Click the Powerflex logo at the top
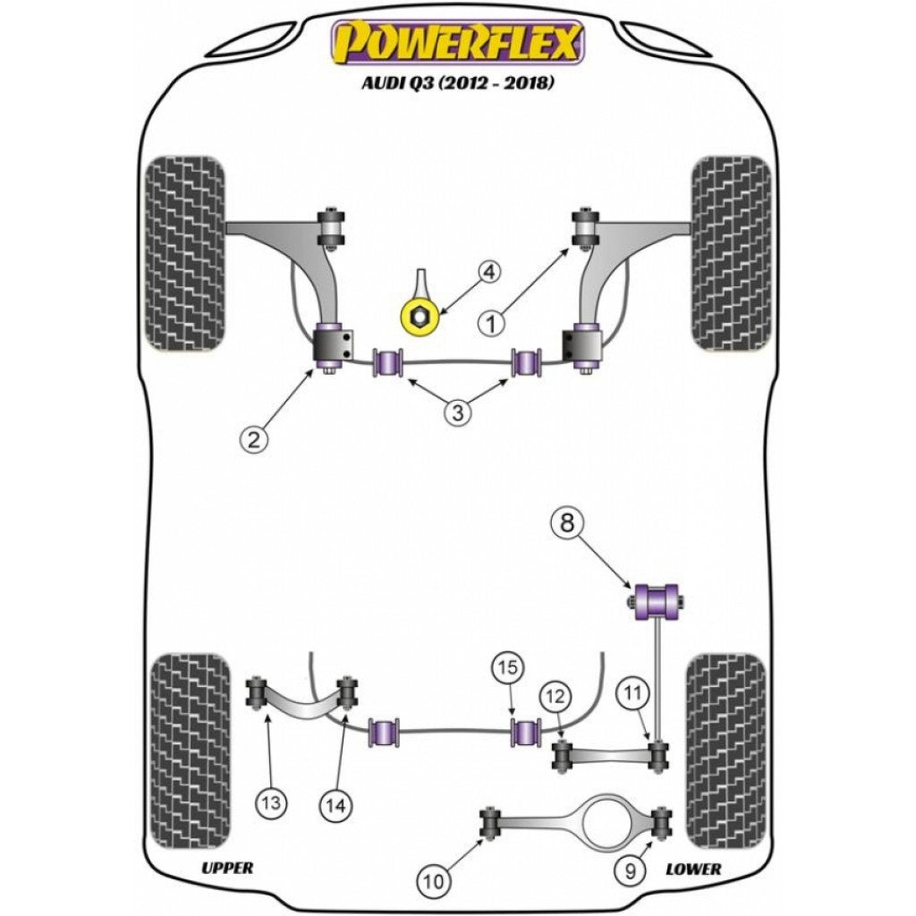[x=457, y=42]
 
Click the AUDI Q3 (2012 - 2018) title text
[x=457, y=83]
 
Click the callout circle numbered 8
[x=566, y=524]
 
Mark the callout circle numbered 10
[x=433, y=882]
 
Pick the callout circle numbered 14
[x=335, y=804]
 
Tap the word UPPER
[x=227, y=868]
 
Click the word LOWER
[x=693, y=868]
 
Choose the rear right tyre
[x=725, y=750]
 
